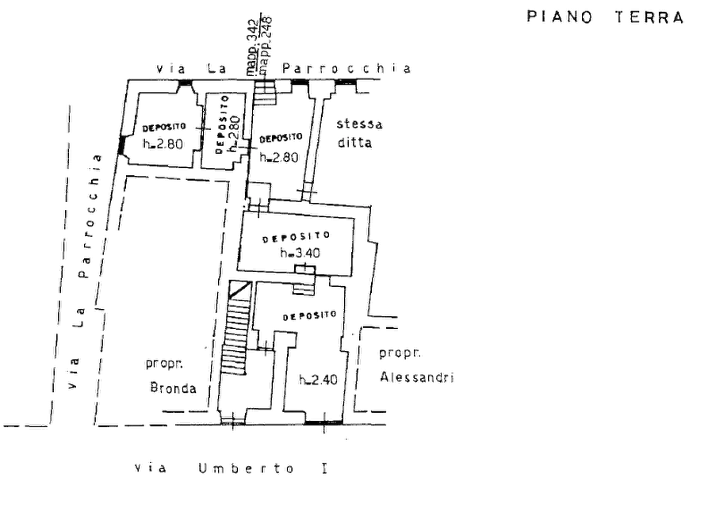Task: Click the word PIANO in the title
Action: tap(561, 17)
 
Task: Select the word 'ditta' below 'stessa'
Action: tap(354, 143)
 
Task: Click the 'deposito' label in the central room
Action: tap(294, 237)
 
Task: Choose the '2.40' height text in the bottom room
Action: tap(319, 380)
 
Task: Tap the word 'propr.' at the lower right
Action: tap(399, 353)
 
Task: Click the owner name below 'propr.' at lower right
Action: tap(416, 377)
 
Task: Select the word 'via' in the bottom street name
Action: tap(149, 468)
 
